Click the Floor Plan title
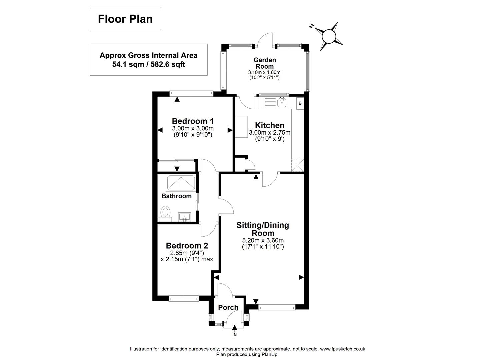[x=125, y=19]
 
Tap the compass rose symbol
[x=328, y=36]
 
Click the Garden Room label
[x=265, y=63]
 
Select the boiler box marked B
[x=300, y=103]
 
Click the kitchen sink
[x=282, y=102]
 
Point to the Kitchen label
[x=270, y=125]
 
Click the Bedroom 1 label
[x=193, y=121]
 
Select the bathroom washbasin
[x=184, y=217]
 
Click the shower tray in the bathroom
[x=181, y=183]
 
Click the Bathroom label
[x=176, y=196]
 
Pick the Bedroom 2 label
[x=187, y=246]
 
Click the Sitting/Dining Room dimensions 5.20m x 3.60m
[x=263, y=240]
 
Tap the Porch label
[x=228, y=307]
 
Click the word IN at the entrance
[x=234, y=335]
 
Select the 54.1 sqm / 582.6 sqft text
[x=149, y=64]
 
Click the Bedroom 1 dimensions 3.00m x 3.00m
[x=193, y=129]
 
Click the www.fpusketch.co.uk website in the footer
[x=342, y=349]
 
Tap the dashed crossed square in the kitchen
[x=297, y=165]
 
